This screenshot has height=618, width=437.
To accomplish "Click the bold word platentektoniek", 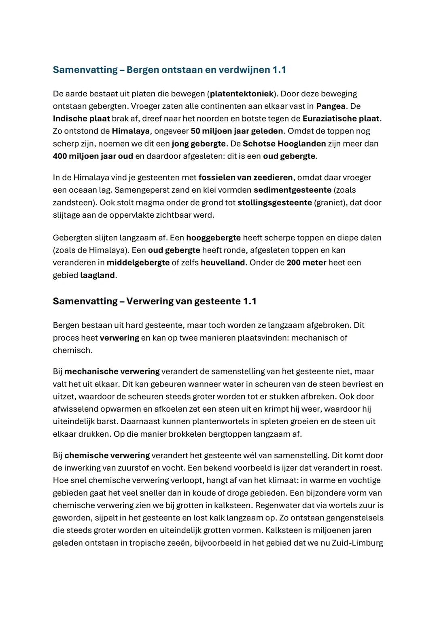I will (x=242, y=94).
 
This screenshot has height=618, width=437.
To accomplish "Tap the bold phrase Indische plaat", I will (x=81, y=119).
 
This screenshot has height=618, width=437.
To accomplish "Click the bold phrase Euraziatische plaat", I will (x=341, y=119).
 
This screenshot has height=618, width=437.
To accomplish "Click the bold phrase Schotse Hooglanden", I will (x=284, y=144).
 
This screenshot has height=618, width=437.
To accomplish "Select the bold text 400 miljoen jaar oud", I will (x=93, y=156).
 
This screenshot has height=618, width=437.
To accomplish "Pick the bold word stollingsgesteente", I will (x=275, y=203).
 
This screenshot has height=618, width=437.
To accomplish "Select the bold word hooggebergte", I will (x=213, y=238).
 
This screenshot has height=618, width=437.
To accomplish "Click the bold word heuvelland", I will (x=223, y=263).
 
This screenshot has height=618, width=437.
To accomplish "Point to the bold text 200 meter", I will (x=306, y=263).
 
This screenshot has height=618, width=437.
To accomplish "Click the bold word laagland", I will (x=98, y=276).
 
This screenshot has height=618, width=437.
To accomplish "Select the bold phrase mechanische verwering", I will (x=112, y=372).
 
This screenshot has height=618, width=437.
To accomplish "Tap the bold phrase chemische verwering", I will (x=107, y=456).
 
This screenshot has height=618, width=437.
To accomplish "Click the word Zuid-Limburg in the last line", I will (x=357, y=543).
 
